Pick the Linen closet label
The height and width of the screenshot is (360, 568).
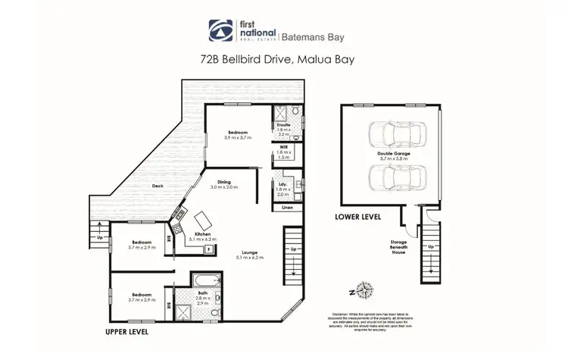(287, 206)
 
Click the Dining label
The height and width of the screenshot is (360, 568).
(225, 181)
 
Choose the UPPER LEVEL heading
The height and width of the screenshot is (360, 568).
(126, 332)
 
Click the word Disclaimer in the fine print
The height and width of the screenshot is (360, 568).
(342, 312)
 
